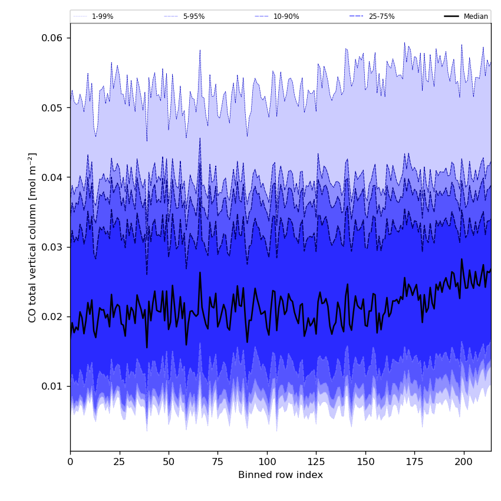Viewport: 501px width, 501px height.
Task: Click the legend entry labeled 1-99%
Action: click(x=102, y=17)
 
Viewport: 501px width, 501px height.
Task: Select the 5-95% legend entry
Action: click(x=193, y=17)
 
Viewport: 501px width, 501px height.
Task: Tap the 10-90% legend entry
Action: click(x=286, y=17)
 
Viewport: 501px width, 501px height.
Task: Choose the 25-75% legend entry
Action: click(x=381, y=17)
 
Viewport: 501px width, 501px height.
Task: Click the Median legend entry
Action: click(x=476, y=17)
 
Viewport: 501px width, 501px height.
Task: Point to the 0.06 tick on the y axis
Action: click(x=51, y=38)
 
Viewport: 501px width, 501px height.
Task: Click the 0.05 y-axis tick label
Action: click(x=51, y=108)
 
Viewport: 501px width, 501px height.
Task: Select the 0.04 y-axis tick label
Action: click(x=51, y=177)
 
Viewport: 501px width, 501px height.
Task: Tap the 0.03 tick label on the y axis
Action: click(x=51, y=247)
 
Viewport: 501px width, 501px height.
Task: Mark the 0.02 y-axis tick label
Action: click(x=51, y=317)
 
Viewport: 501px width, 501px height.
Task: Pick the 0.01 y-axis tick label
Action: click(x=51, y=386)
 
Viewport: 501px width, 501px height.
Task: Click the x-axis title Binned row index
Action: click(x=281, y=475)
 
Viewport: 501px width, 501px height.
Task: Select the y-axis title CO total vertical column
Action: click(x=32, y=238)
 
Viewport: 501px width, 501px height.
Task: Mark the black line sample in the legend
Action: click(x=452, y=17)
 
